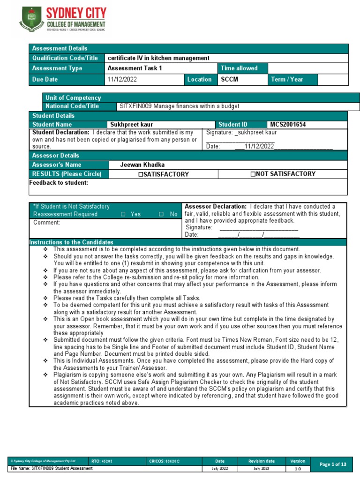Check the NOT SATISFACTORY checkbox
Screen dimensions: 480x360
[253, 174]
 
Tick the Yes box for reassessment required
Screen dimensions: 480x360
[123, 214]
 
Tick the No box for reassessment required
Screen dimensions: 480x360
[161, 214]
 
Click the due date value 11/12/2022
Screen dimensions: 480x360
[122, 79]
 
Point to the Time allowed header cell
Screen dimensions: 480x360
[239, 68]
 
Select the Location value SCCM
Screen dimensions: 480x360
[230, 79]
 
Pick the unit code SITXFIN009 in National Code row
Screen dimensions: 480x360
[135, 106]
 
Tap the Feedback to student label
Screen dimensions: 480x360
[59, 183]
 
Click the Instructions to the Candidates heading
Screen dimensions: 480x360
[71, 242]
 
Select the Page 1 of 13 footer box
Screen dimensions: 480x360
[332, 464]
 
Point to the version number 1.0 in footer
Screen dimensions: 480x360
[298, 469]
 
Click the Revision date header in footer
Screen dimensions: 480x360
[261, 461]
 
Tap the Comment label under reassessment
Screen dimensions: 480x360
[46, 223]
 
